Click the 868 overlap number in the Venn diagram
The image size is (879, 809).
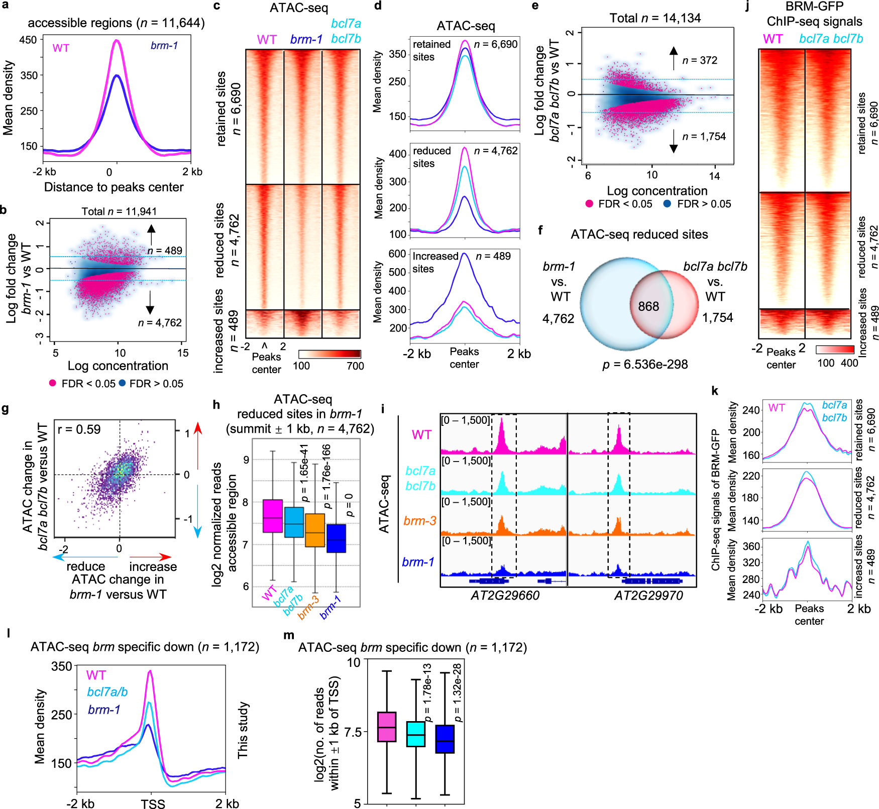click(648, 306)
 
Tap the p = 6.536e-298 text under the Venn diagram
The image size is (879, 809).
click(645, 365)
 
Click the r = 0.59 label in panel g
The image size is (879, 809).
click(79, 429)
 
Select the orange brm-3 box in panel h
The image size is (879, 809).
click(315, 530)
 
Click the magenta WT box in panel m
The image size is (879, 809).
click(386, 727)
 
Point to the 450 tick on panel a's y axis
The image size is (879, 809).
click(28, 40)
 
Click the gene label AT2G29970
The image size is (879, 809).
click(648, 596)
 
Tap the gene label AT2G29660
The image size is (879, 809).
click(505, 596)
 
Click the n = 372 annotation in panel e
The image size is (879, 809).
click(699, 60)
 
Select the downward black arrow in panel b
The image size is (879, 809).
click(150, 303)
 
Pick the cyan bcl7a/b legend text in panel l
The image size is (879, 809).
click(107, 692)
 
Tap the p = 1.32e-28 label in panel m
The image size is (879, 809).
click(457, 692)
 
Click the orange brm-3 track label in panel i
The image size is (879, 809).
click(420, 521)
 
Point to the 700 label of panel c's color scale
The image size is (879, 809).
click(355, 366)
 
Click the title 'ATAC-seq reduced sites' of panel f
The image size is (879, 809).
click(639, 235)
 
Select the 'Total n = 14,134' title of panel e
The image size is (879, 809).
click(655, 19)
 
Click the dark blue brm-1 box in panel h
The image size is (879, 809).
click(336, 538)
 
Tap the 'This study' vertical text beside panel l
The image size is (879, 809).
click(243, 730)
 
